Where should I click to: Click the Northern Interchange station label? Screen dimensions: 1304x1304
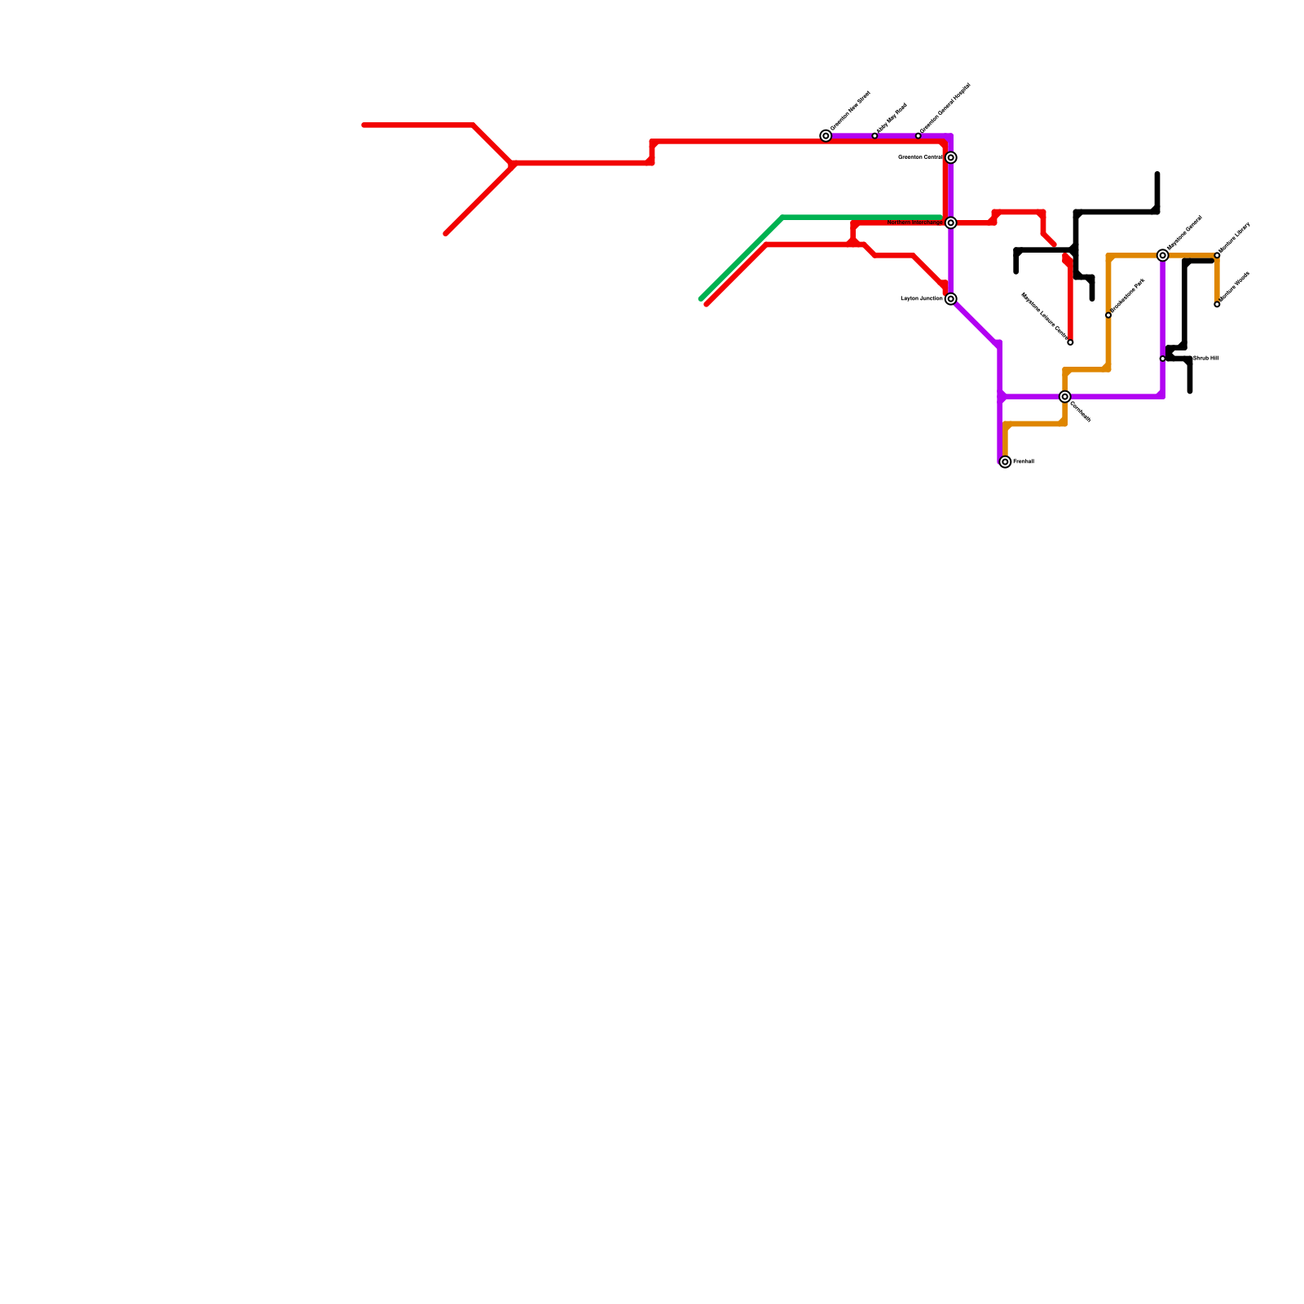(914, 222)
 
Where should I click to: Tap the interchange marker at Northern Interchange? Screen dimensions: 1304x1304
(950, 222)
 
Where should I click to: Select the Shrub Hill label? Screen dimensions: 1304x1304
(1205, 358)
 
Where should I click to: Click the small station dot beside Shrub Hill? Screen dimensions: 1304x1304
(1162, 359)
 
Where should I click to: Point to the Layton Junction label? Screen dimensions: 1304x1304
(921, 299)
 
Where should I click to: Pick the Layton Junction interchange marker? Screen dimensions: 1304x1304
(950, 299)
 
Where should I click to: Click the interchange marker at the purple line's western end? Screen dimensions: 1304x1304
(826, 135)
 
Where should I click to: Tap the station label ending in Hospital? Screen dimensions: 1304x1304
(945, 109)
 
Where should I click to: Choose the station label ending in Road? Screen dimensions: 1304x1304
(892, 119)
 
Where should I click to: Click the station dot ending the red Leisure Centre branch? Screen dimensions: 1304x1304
(1070, 342)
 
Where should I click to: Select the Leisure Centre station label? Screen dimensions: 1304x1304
(1045, 316)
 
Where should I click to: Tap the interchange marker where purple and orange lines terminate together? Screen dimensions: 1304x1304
(1005, 462)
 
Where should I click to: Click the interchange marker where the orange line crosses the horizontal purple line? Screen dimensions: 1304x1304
(1064, 397)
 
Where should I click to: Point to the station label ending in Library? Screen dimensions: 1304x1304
(1234, 238)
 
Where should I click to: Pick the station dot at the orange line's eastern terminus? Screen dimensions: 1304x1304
(1217, 305)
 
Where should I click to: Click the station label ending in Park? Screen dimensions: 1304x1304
(1128, 297)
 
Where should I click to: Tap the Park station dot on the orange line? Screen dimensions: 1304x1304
(1108, 315)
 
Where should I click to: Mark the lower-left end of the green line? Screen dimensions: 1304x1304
(701, 299)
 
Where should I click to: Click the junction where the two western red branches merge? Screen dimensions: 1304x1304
(513, 164)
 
